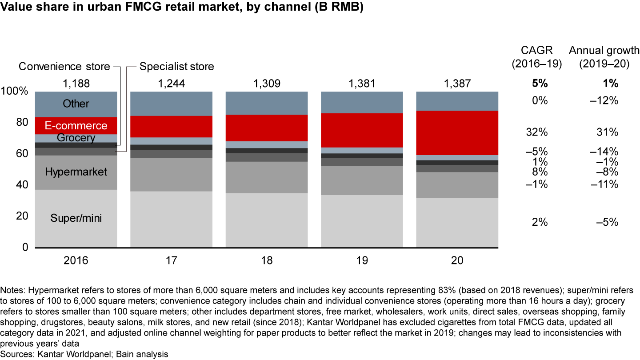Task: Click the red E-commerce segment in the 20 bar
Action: click(x=457, y=133)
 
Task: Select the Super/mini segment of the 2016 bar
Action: click(x=76, y=218)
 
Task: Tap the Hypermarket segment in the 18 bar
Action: click(x=266, y=177)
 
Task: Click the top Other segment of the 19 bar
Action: click(x=361, y=102)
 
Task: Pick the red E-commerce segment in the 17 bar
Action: click(x=171, y=127)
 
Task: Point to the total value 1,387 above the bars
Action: click(x=457, y=83)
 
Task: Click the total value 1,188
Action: click(x=76, y=83)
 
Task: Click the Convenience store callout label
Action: click(x=64, y=67)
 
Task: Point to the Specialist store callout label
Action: click(x=176, y=67)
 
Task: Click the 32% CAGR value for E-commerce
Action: click(x=540, y=132)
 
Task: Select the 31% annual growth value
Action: click(x=608, y=132)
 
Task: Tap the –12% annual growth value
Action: click(x=605, y=100)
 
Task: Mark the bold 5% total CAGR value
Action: click(x=540, y=83)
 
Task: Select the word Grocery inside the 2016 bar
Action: click(x=76, y=138)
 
